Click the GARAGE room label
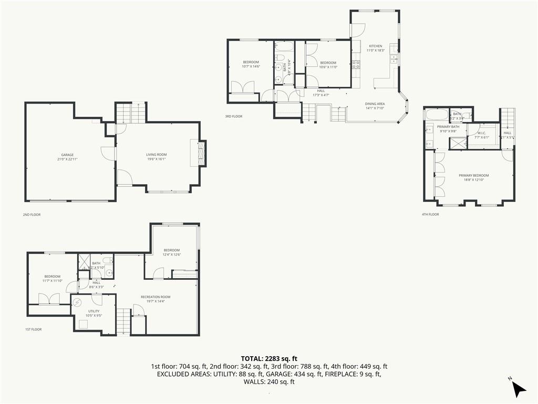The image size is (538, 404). [67, 155]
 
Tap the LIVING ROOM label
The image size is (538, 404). [157, 154]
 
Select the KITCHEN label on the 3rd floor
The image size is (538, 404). [376, 46]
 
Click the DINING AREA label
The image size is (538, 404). [375, 104]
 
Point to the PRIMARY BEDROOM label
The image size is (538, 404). [473, 175]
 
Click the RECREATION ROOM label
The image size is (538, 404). [156, 297]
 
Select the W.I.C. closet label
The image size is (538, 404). [482, 133]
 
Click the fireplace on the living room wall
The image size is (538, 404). [202, 153]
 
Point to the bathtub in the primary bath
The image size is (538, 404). [436, 114]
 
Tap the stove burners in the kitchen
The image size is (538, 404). [356, 65]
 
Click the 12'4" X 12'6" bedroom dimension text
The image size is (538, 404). [171, 255]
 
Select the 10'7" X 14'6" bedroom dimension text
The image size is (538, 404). [251, 67]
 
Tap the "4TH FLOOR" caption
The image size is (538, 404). [431, 214]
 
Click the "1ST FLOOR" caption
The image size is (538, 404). [33, 329]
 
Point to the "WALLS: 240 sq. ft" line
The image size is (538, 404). [268, 382]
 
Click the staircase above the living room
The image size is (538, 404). [131, 113]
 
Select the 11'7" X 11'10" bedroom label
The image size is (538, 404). [52, 281]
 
